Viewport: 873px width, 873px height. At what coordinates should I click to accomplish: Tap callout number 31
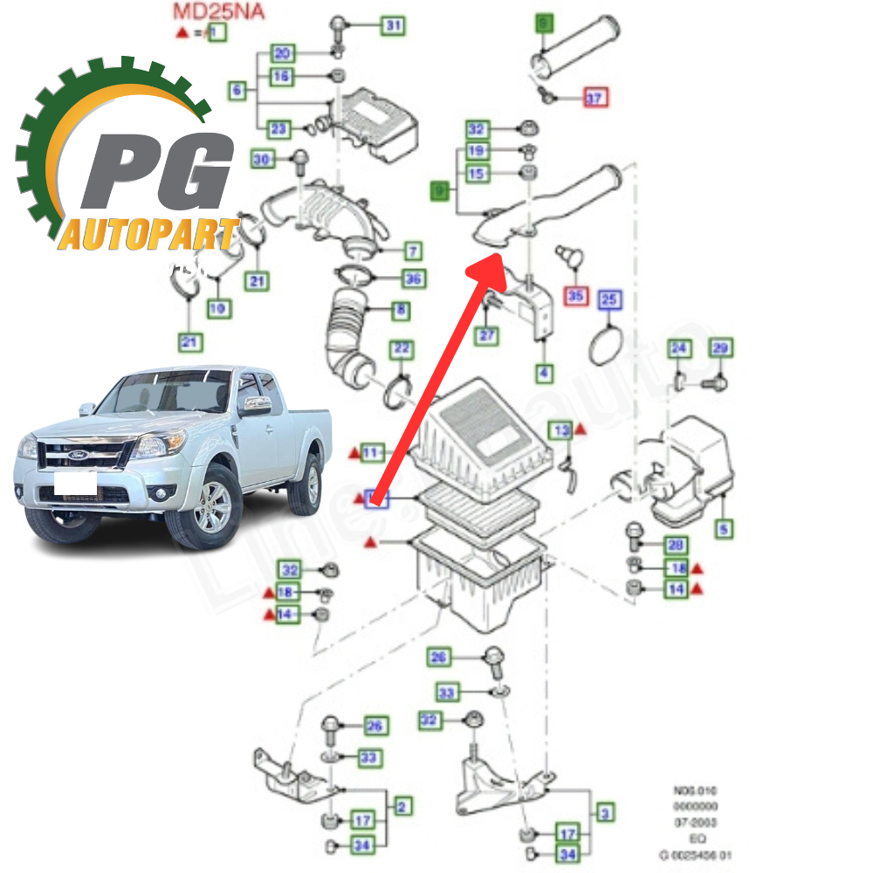click(394, 26)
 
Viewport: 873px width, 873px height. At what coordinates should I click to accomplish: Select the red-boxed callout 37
click(594, 98)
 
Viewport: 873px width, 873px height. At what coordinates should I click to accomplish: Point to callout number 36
click(413, 278)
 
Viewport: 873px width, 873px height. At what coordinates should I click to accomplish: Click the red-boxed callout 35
click(575, 296)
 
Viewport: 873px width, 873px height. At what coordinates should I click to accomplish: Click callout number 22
click(400, 349)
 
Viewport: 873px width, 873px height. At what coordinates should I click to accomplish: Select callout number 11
click(373, 452)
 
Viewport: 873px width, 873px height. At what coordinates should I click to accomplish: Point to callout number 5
click(725, 528)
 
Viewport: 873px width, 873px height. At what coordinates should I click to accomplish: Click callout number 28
click(675, 546)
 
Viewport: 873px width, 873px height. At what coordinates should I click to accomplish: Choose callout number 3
click(604, 813)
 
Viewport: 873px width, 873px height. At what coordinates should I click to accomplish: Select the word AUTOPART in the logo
click(148, 234)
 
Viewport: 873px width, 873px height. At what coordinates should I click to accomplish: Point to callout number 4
click(544, 373)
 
